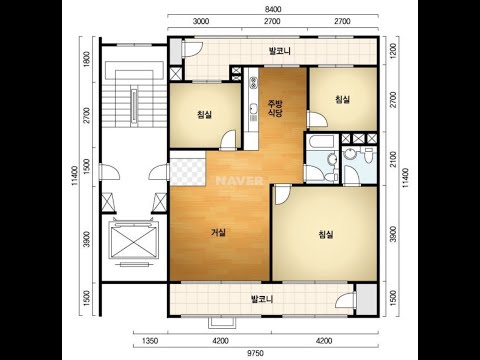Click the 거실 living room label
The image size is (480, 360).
click(x=218, y=232)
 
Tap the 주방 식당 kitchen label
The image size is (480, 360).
click(x=276, y=108)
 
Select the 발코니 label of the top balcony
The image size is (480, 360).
click(x=280, y=51)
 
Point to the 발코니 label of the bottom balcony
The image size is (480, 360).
click(x=262, y=299)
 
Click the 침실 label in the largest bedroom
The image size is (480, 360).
click(x=326, y=234)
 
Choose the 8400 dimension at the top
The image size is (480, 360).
click(x=273, y=9)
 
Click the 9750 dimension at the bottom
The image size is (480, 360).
click(x=255, y=353)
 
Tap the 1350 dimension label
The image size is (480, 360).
click(x=150, y=341)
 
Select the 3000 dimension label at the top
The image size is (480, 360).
click(x=201, y=21)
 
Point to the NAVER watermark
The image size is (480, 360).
click(x=239, y=181)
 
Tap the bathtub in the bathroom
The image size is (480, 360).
click(x=322, y=142)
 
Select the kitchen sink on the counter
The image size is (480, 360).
click(x=254, y=108)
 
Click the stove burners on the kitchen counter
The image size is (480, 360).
click(x=254, y=83)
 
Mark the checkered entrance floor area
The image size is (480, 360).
click(x=188, y=168)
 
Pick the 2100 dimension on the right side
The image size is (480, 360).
click(x=393, y=159)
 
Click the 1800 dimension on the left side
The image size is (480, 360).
click(x=87, y=59)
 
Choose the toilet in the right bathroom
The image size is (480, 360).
click(x=368, y=155)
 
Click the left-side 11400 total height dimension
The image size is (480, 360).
click(x=75, y=176)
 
